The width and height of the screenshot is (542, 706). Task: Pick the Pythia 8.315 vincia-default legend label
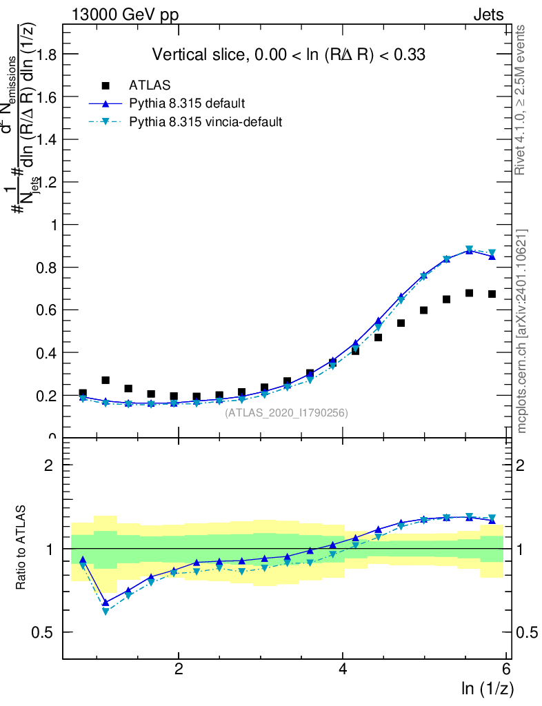click(205, 122)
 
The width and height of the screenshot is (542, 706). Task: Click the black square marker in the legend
click(106, 85)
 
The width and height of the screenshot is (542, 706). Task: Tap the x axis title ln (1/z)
click(486, 688)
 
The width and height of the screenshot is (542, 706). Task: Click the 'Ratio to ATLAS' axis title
click(21, 547)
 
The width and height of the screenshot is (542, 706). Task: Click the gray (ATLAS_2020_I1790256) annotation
click(286, 413)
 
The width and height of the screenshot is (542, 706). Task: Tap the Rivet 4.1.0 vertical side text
click(521, 100)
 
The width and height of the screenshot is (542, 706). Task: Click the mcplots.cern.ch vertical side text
click(522, 331)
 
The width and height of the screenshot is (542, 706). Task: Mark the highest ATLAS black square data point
click(469, 293)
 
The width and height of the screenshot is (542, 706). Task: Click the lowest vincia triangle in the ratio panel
click(106, 611)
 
